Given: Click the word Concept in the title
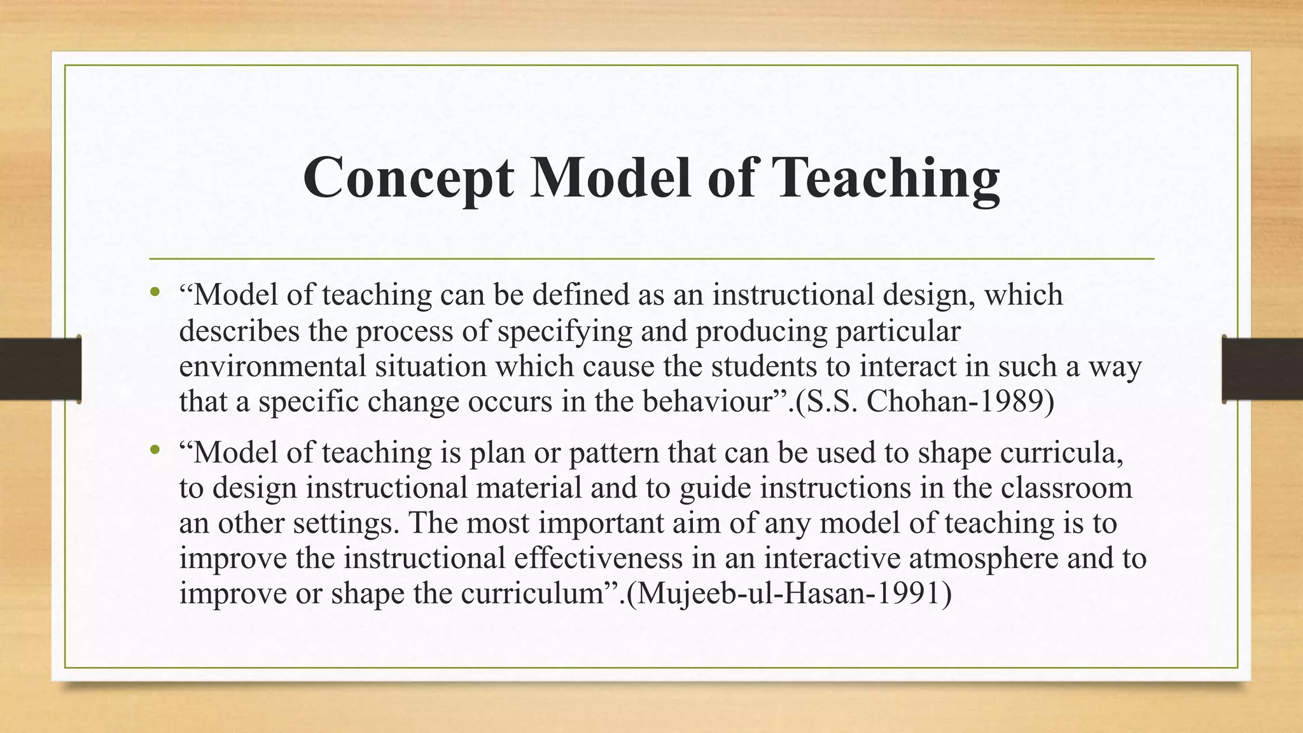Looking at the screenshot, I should [408, 178].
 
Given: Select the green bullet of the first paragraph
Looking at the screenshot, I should [154, 293].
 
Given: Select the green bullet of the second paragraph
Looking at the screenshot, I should [154, 450].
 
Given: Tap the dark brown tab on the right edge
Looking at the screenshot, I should [1262, 369].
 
